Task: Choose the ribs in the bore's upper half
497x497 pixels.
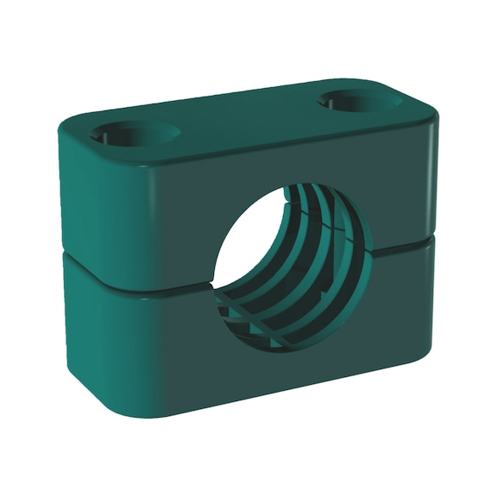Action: tap(332, 216)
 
